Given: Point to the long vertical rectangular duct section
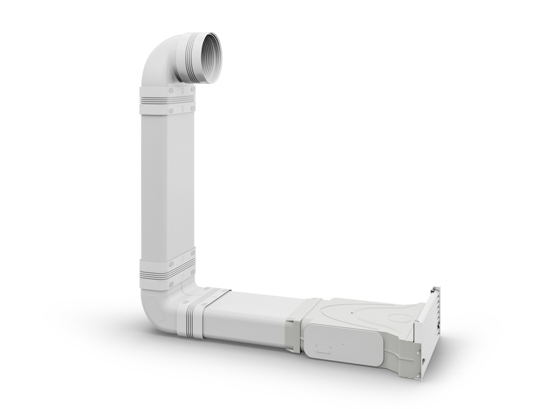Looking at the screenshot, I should [x=168, y=184].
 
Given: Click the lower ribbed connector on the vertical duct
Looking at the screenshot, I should [x=167, y=271].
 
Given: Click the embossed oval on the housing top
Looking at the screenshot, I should [x=362, y=317].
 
